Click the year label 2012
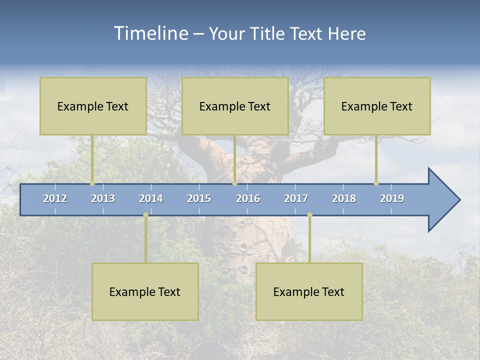[55, 198]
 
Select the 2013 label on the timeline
[103, 198]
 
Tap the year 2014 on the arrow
[151, 198]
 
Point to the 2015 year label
[199, 198]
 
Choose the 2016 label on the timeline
[248, 198]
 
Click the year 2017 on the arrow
[296, 198]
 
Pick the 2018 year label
[344, 198]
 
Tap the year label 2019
[392, 198]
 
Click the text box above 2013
[93, 106]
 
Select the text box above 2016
[235, 106]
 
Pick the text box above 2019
[377, 106]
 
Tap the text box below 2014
[145, 291]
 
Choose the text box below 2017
[309, 291]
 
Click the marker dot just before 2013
[92, 183]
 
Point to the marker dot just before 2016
[234, 183]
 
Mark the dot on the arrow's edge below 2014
[145, 215]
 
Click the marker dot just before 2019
[376, 183]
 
